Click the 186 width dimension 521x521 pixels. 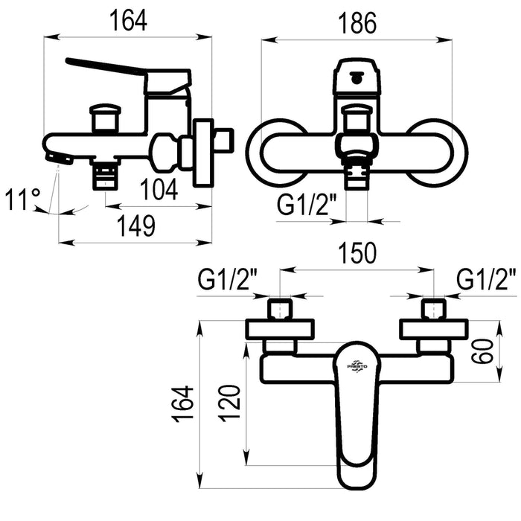coord(357,23)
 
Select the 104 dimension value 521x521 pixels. coord(159,189)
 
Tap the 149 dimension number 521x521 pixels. coord(137,226)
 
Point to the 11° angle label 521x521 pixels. coord(22,199)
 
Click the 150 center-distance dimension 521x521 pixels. coord(357,253)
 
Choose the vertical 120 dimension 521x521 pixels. coord(230,403)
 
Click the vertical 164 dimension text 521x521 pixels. coord(182,403)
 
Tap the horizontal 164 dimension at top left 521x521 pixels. coord(128,21)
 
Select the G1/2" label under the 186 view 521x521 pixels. coord(307,205)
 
